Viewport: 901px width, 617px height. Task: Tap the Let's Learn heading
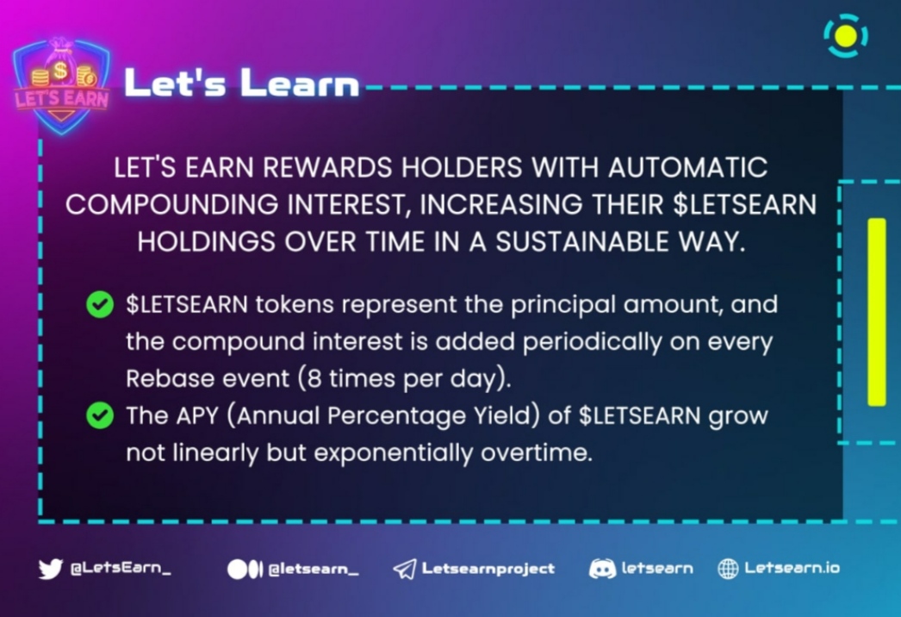point(242,84)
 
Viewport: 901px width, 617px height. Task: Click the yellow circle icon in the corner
point(846,35)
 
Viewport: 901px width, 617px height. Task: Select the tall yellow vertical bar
point(877,312)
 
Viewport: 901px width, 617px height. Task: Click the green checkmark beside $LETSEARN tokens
point(99,305)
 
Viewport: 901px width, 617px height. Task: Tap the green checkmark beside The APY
point(99,415)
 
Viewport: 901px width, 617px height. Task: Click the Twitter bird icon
point(51,569)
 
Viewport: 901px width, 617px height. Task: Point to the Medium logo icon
point(245,570)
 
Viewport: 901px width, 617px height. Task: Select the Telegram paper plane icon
point(405,570)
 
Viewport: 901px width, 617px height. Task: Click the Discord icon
point(602,569)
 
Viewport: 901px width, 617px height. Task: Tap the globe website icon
point(728,569)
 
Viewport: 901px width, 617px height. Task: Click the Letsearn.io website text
point(792,568)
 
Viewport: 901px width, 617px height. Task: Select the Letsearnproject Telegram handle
point(488,569)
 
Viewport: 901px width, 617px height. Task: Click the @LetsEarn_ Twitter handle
point(120,569)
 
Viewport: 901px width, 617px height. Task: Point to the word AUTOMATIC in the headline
point(687,168)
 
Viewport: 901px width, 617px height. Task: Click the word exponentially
point(393,453)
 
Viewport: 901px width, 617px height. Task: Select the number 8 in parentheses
point(314,379)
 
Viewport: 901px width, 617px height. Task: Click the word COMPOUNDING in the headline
point(171,205)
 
